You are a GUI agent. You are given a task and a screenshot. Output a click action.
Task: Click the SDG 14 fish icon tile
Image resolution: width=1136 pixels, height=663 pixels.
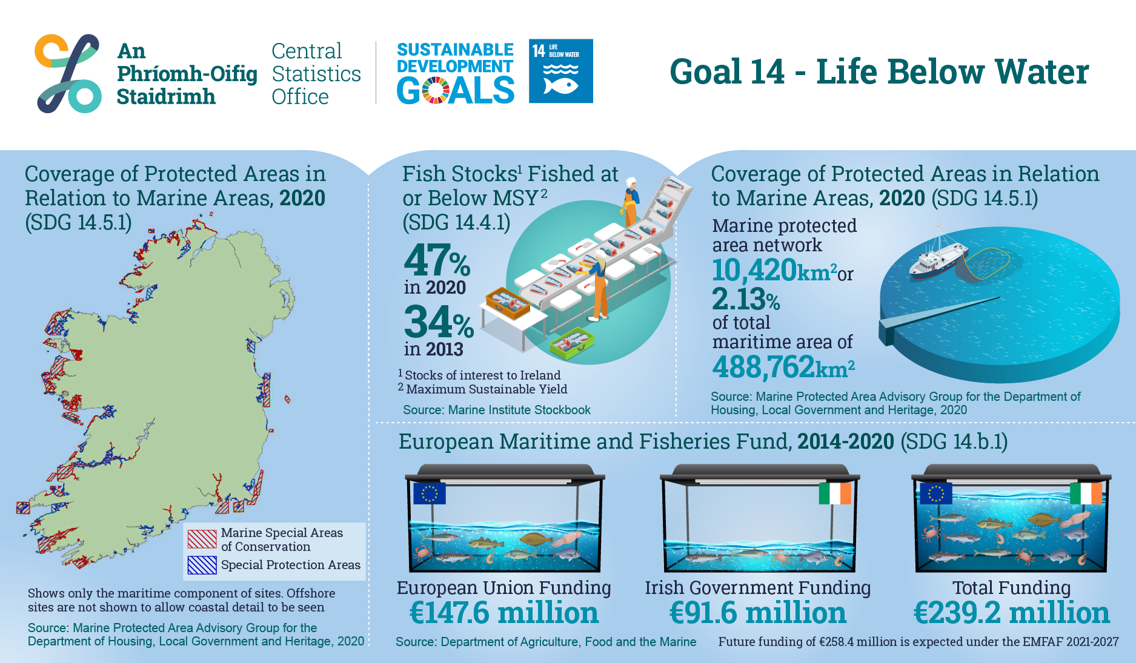click(560, 71)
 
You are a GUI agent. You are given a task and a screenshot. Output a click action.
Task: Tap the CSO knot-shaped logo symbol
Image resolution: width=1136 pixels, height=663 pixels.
click(68, 73)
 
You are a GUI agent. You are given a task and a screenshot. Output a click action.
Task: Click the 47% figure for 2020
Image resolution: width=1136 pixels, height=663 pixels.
click(437, 260)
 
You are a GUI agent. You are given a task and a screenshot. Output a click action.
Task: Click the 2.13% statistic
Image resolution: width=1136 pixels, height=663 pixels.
click(746, 299)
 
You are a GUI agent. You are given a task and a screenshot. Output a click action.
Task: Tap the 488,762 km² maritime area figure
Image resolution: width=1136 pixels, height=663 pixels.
click(783, 367)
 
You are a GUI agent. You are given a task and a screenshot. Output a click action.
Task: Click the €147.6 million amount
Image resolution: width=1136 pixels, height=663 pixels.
click(504, 613)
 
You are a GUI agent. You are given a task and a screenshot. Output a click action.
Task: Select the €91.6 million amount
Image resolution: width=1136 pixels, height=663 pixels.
click(758, 613)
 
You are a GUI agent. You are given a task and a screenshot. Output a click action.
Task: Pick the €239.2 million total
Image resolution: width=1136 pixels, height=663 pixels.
click(1012, 613)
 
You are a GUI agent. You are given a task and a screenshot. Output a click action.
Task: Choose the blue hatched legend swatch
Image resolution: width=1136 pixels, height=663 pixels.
click(202, 565)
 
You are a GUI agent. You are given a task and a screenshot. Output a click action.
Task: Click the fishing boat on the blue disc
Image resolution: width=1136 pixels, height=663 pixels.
click(938, 255)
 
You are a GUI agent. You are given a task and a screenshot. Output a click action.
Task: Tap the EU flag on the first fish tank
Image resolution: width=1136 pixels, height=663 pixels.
click(429, 493)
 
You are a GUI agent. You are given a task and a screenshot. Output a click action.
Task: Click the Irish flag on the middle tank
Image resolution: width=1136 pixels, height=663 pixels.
click(835, 493)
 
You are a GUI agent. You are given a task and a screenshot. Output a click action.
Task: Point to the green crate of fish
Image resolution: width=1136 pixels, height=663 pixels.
click(572, 343)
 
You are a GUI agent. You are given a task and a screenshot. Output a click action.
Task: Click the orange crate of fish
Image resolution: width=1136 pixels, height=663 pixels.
click(508, 303)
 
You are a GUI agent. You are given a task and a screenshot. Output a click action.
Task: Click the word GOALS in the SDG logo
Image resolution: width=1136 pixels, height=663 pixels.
click(456, 91)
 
